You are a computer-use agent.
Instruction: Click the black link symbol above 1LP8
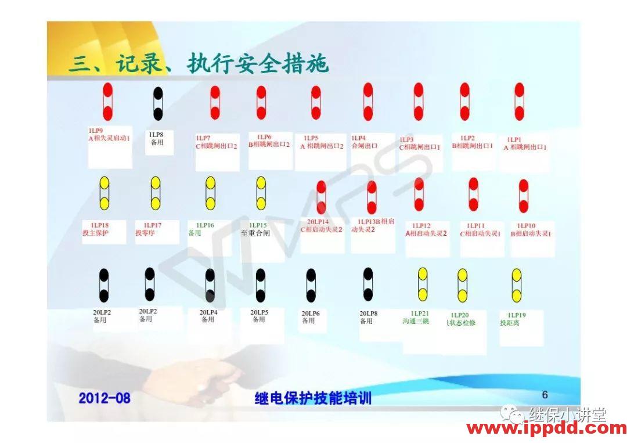coord(158,103)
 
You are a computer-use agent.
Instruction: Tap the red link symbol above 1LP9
coord(107,102)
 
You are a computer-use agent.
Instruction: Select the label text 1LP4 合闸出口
coord(365,142)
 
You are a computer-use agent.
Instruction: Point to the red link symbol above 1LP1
coord(519,102)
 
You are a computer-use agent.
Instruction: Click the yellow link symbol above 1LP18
coord(105,193)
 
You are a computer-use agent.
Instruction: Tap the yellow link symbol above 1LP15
coord(261,193)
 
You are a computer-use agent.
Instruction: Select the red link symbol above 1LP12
coord(419,195)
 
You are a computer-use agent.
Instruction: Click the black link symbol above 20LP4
coord(210,285)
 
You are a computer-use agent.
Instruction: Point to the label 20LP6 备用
coord(311,317)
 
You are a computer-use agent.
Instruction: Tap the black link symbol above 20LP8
coord(367,284)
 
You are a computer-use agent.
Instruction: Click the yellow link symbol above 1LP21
coord(423,284)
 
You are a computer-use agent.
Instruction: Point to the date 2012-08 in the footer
coord(105,398)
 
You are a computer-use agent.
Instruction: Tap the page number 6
coord(545,395)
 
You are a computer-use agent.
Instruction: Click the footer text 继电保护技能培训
coord(313,398)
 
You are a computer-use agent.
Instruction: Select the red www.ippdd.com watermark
coord(546,429)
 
